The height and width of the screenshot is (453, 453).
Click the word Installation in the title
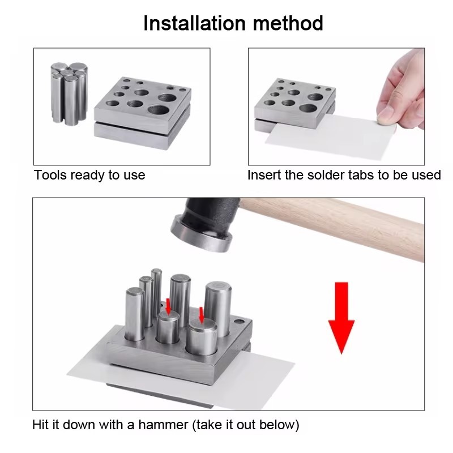coord(194,23)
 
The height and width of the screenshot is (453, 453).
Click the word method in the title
coord(288,23)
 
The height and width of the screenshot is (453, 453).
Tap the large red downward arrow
coord(341,318)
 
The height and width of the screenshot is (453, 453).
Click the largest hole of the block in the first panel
coord(159,110)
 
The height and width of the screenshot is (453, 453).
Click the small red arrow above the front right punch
coord(202,315)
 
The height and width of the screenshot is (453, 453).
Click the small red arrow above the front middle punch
coord(168,306)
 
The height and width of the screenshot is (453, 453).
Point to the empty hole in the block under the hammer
coord(238,321)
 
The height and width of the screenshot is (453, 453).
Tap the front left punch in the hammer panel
coord(135,314)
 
